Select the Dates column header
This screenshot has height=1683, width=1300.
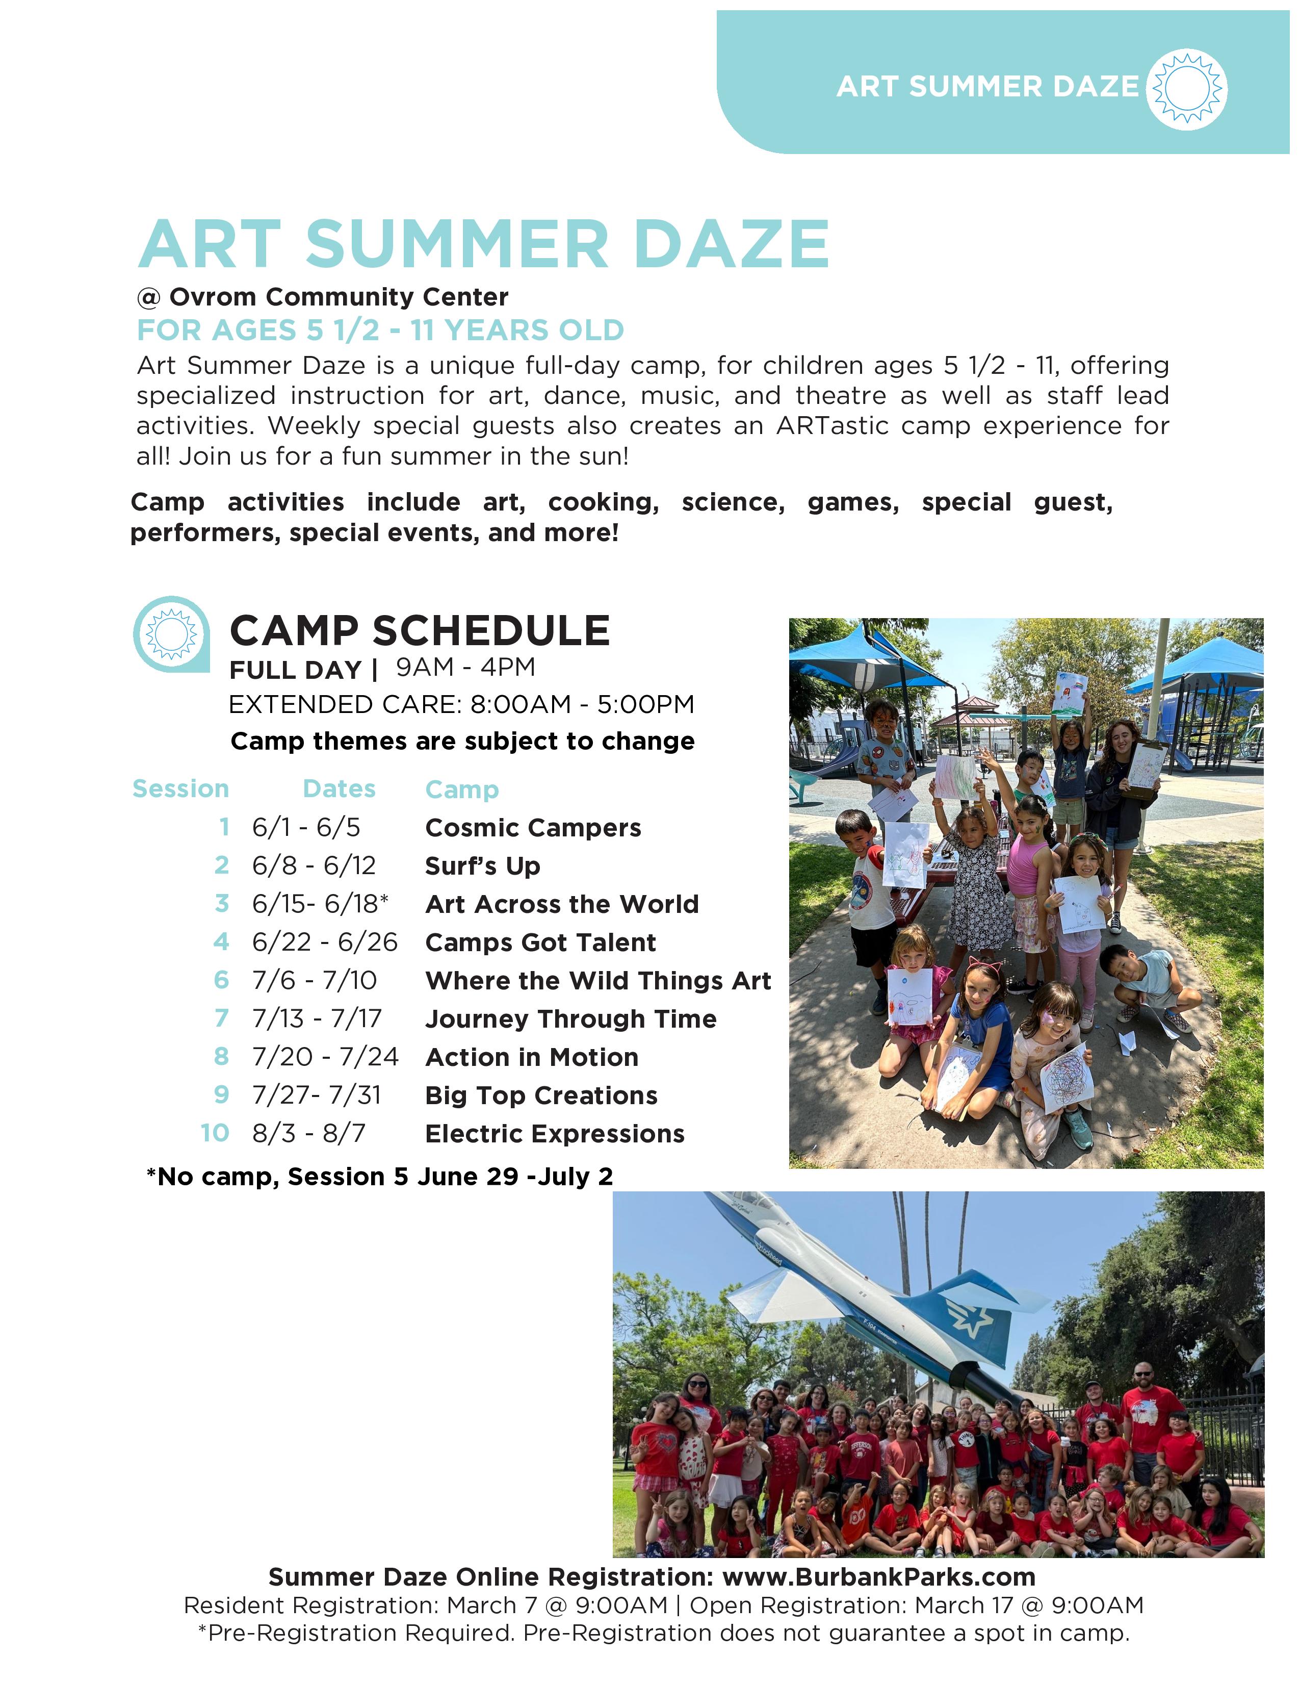(x=339, y=788)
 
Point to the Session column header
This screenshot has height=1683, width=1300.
(x=181, y=788)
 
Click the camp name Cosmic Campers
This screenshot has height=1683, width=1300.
(x=533, y=828)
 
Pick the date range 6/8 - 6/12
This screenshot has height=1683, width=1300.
(x=314, y=865)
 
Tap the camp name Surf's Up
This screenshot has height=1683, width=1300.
(x=483, y=866)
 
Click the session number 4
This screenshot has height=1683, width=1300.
(x=222, y=941)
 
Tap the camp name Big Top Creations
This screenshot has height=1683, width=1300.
(x=541, y=1095)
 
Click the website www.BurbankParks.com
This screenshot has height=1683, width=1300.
(x=879, y=1577)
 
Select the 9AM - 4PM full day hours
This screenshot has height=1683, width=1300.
(x=465, y=668)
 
